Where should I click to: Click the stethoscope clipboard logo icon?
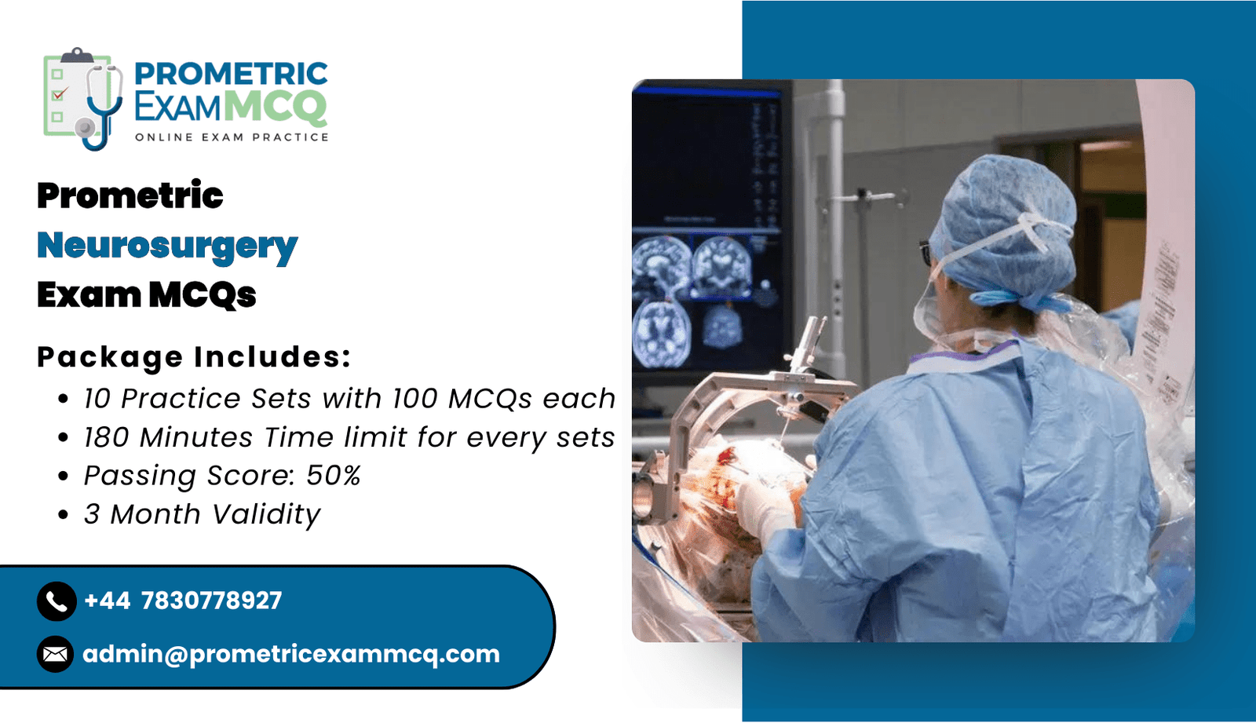click(x=83, y=99)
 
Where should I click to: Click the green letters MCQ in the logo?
click(x=276, y=107)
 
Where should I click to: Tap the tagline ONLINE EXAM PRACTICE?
click(x=232, y=137)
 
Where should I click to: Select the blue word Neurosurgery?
click(x=167, y=246)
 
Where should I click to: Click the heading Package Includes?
click(x=194, y=357)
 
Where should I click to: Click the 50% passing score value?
click(x=333, y=476)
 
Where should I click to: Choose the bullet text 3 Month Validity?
click(x=203, y=514)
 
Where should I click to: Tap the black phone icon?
click(x=57, y=601)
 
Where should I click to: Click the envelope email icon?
click(x=56, y=655)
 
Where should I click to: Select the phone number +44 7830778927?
click(x=183, y=601)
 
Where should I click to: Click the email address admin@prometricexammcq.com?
click(x=291, y=655)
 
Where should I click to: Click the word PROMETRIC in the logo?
click(x=231, y=74)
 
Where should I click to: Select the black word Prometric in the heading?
click(x=130, y=195)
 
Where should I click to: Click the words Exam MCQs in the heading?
click(x=147, y=295)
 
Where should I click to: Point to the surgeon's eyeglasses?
click(x=926, y=253)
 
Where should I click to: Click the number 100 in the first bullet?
click(x=415, y=399)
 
